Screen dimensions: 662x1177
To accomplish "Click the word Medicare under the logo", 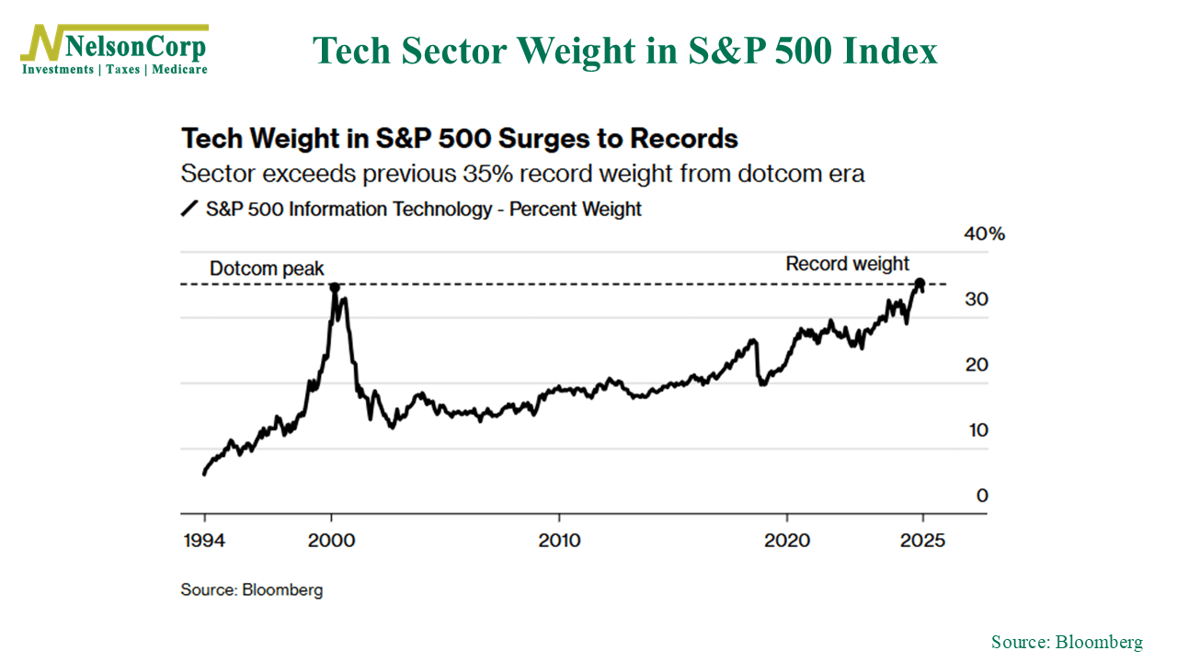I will [x=180, y=70].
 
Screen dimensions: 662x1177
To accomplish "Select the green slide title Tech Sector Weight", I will [x=624, y=51].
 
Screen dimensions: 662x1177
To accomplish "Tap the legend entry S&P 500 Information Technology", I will [x=349, y=209].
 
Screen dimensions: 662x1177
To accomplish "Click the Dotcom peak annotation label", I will [x=267, y=269].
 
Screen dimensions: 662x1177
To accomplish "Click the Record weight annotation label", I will [x=847, y=264].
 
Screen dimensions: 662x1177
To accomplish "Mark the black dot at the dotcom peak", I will [x=334, y=288].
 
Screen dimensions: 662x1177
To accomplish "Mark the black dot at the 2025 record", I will [x=920, y=282].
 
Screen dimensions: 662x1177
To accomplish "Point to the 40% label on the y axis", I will [x=984, y=234].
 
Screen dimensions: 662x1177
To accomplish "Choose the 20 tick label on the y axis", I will [x=977, y=365].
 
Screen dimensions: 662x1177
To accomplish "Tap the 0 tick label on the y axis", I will [x=982, y=496].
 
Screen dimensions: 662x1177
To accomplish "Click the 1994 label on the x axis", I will [x=203, y=540].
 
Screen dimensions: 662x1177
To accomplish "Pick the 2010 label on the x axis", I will [x=559, y=540].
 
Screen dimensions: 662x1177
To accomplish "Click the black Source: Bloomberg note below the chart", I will [x=252, y=589].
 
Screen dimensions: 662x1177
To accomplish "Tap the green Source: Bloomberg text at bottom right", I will [x=1067, y=642].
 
